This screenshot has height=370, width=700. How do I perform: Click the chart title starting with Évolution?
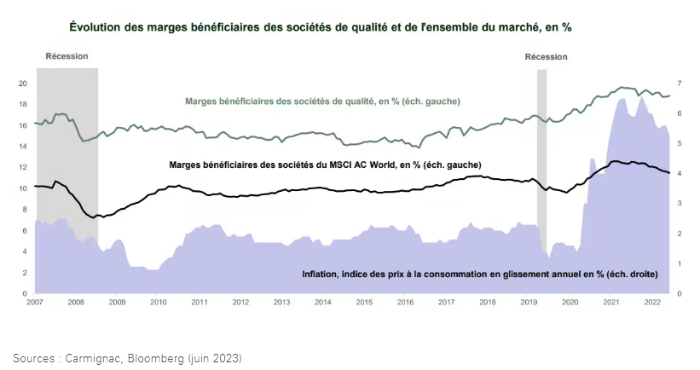(320, 27)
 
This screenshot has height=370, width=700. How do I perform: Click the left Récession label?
(67, 56)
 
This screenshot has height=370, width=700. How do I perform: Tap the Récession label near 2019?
(546, 56)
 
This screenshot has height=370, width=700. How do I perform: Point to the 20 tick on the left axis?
(23, 84)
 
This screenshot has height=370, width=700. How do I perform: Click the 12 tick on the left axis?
(23, 167)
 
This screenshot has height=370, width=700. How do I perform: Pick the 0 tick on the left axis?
(26, 293)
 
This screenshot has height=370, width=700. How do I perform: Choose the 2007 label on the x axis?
(35, 303)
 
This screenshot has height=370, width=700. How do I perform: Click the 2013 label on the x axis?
(281, 303)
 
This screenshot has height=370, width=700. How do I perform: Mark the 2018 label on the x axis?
(487, 303)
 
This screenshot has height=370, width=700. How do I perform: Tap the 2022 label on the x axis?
(651, 303)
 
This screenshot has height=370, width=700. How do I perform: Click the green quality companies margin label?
(322, 101)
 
